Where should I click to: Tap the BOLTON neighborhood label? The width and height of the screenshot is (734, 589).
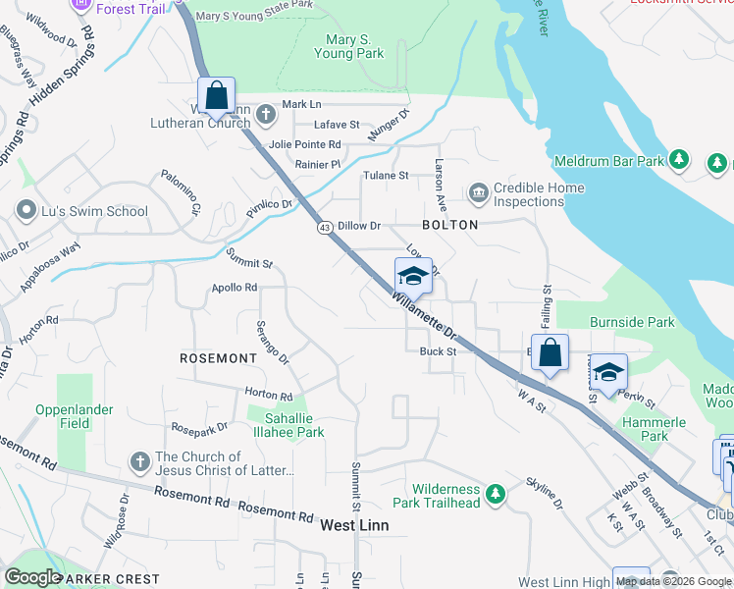pyautogui.click(x=449, y=225)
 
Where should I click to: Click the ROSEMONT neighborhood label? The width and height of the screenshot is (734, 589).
pyautogui.click(x=218, y=358)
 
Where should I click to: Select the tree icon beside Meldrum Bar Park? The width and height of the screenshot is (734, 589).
pyautogui.click(x=678, y=159)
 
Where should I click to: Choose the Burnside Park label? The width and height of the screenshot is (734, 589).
pyautogui.click(x=632, y=321)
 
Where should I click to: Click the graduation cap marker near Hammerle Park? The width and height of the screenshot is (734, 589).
pyautogui.click(x=608, y=373)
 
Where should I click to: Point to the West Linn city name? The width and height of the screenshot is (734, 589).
pyautogui.click(x=354, y=525)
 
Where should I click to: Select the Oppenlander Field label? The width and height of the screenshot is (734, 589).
pyautogui.click(x=75, y=416)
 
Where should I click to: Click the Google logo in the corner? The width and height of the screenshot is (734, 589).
pyautogui.click(x=31, y=576)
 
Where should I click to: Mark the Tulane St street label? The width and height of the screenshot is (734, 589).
pyautogui.click(x=388, y=176)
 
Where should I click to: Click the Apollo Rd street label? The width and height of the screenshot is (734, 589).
pyautogui.click(x=234, y=288)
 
